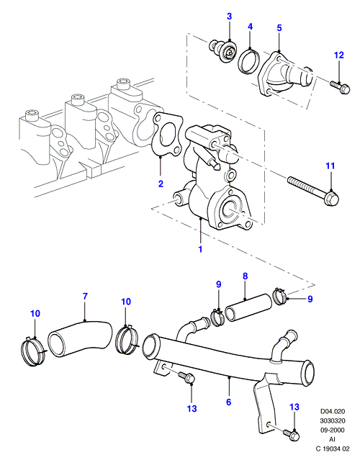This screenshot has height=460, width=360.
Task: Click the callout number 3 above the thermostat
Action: click(x=229, y=16)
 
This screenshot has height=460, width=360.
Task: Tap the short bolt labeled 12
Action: click(x=340, y=86)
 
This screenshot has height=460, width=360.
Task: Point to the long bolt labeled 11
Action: click(x=313, y=191)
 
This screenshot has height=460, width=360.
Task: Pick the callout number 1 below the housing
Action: click(x=200, y=249)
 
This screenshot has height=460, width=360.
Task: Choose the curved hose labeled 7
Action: click(x=79, y=339)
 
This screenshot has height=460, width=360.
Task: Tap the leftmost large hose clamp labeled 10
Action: click(x=33, y=352)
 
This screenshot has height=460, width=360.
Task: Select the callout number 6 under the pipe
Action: click(x=229, y=402)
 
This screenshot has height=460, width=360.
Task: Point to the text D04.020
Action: click(x=332, y=411)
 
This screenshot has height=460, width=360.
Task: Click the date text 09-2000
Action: click(x=332, y=430)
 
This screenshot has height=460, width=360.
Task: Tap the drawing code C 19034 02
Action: click(x=333, y=449)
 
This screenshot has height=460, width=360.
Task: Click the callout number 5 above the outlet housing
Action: click(x=279, y=28)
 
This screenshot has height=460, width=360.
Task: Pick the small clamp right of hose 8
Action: click(x=279, y=296)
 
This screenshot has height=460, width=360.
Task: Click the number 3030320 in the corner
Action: click(x=332, y=420)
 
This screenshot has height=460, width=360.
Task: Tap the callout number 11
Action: click(x=330, y=166)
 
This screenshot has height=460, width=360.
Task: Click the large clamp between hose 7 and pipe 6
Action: click(x=127, y=340)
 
